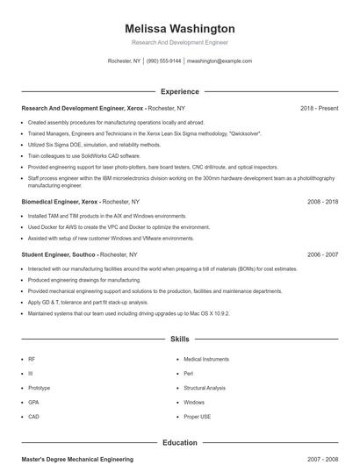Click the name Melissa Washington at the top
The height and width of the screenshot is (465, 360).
click(x=179, y=28)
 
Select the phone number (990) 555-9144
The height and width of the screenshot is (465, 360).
click(x=164, y=61)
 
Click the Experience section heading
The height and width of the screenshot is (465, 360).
click(x=179, y=91)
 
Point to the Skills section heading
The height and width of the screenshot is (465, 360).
click(x=179, y=338)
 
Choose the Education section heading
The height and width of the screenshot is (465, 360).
click(x=179, y=443)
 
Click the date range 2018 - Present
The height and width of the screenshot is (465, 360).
click(x=319, y=108)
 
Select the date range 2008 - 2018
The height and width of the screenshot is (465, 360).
click(x=322, y=201)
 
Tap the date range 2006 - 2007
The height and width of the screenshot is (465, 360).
click(x=322, y=254)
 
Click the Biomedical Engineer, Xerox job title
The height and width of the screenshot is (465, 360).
click(x=60, y=201)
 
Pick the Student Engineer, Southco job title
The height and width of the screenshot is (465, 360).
click(x=58, y=254)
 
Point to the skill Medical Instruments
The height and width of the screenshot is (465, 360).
click(x=206, y=359)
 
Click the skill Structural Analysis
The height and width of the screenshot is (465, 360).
click(x=205, y=388)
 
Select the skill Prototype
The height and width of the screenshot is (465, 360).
click(x=39, y=388)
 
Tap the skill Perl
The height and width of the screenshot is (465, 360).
click(x=188, y=373)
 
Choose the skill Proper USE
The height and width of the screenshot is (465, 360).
click(x=197, y=417)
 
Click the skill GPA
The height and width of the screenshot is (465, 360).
click(x=33, y=402)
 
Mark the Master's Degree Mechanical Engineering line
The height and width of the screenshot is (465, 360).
click(x=77, y=459)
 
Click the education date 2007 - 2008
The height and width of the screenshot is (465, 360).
click(x=322, y=459)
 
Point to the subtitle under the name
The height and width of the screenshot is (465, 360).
click(x=179, y=42)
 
